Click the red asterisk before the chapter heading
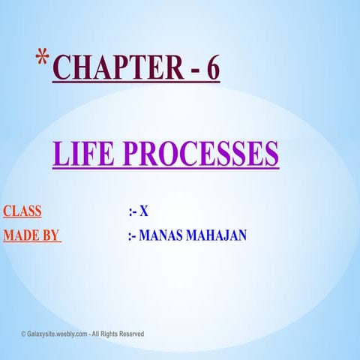point(43,58)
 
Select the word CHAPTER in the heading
point(109,69)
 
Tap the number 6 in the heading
point(213,69)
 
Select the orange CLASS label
point(22,211)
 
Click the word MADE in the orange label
point(19,235)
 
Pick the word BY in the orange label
point(49,235)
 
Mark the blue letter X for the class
point(144,212)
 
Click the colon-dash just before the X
point(133,212)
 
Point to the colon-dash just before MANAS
point(133,236)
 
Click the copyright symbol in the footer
point(23,334)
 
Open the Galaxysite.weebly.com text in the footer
point(59,334)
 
